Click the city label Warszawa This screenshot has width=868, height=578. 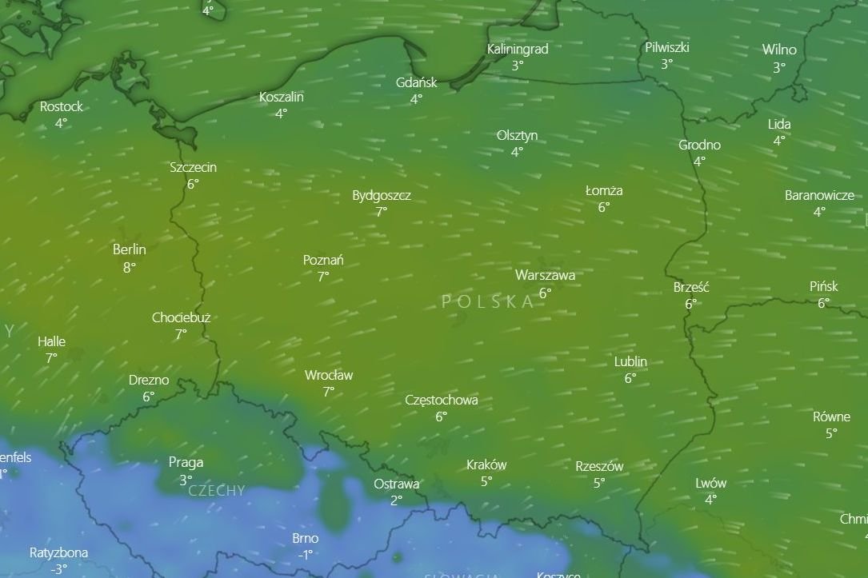545,275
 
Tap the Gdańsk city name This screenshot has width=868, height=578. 416,82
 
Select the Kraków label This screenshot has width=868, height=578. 486,464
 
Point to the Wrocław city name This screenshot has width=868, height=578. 328,375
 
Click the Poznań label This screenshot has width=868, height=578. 323,260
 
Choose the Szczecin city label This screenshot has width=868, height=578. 193,167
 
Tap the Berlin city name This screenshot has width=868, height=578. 129,249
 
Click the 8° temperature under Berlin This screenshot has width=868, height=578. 129,267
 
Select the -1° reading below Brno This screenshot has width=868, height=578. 305,555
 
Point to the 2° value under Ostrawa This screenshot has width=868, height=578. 396,500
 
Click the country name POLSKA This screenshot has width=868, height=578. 487,301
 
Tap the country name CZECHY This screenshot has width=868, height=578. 216,491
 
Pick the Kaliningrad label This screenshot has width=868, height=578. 518,49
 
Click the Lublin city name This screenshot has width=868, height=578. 630,361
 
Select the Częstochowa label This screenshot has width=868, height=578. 442,400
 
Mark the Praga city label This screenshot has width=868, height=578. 186,462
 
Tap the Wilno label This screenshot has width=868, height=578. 778,50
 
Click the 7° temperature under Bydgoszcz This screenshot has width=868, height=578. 381,212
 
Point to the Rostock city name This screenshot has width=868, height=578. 61,106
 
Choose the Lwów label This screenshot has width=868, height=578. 710,483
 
